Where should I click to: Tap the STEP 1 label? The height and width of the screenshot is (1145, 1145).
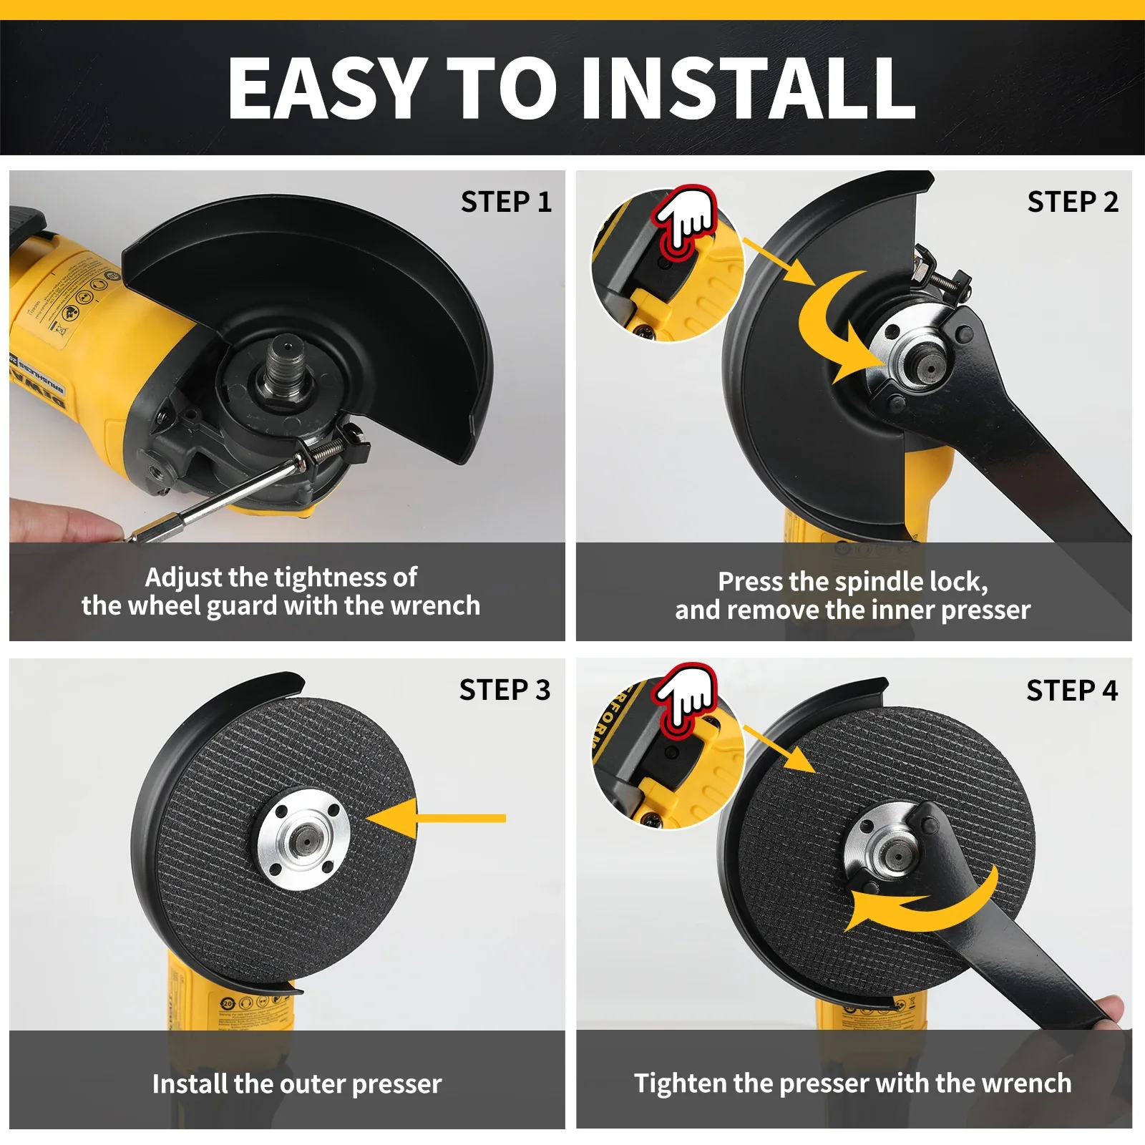coord(506,203)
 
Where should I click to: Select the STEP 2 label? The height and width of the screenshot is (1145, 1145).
coord(1073,203)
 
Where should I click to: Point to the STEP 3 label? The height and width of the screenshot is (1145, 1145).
coord(505,691)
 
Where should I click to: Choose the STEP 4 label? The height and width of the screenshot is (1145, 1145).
coord(1072,691)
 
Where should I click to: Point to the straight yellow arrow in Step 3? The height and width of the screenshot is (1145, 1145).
coord(437,818)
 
